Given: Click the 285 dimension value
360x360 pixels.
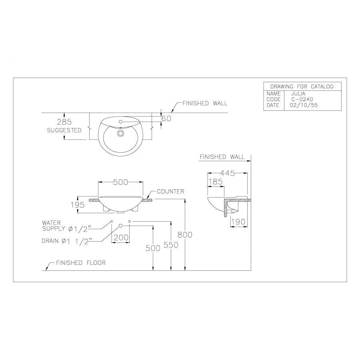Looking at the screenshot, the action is (x=64, y=122).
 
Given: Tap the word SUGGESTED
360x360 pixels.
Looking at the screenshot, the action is (x=64, y=130).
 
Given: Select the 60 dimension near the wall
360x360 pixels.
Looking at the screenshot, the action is (x=166, y=118).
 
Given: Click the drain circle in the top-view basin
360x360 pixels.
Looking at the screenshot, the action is (x=120, y=133).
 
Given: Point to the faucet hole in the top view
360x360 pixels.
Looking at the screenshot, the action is (x=120, y=122).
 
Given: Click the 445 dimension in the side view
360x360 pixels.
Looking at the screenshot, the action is (x=227, y=173).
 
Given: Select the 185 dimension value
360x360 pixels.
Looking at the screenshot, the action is (x=216, y=182).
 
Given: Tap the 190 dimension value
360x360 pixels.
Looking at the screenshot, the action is (x=238, y=222).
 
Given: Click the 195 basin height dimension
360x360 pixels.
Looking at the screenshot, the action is (x=78, y=205).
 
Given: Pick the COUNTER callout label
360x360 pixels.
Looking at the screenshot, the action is (x=170, y=192).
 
